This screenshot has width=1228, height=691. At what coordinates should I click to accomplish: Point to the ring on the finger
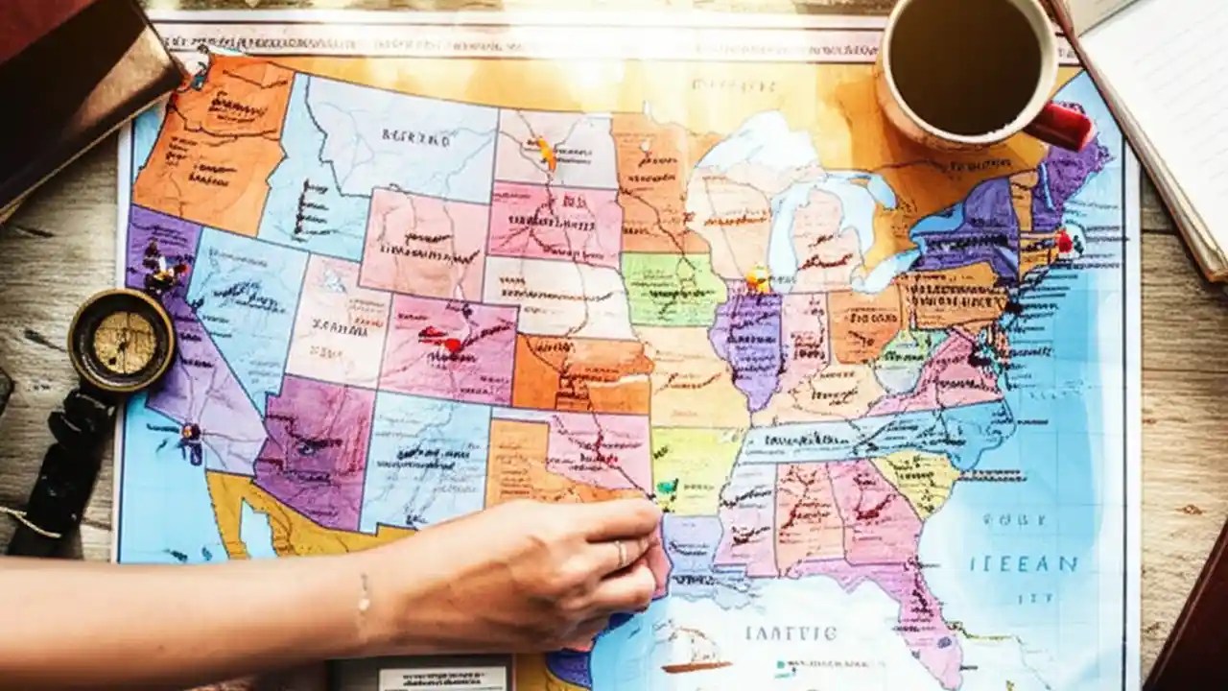(x=621, y=554)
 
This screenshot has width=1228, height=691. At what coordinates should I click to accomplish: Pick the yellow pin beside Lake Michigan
(x=758, y=278)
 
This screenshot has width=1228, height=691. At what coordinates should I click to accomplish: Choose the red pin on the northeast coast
(x=1063, y=241)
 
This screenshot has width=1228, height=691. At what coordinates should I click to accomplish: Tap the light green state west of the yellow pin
(x=672, y=288)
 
